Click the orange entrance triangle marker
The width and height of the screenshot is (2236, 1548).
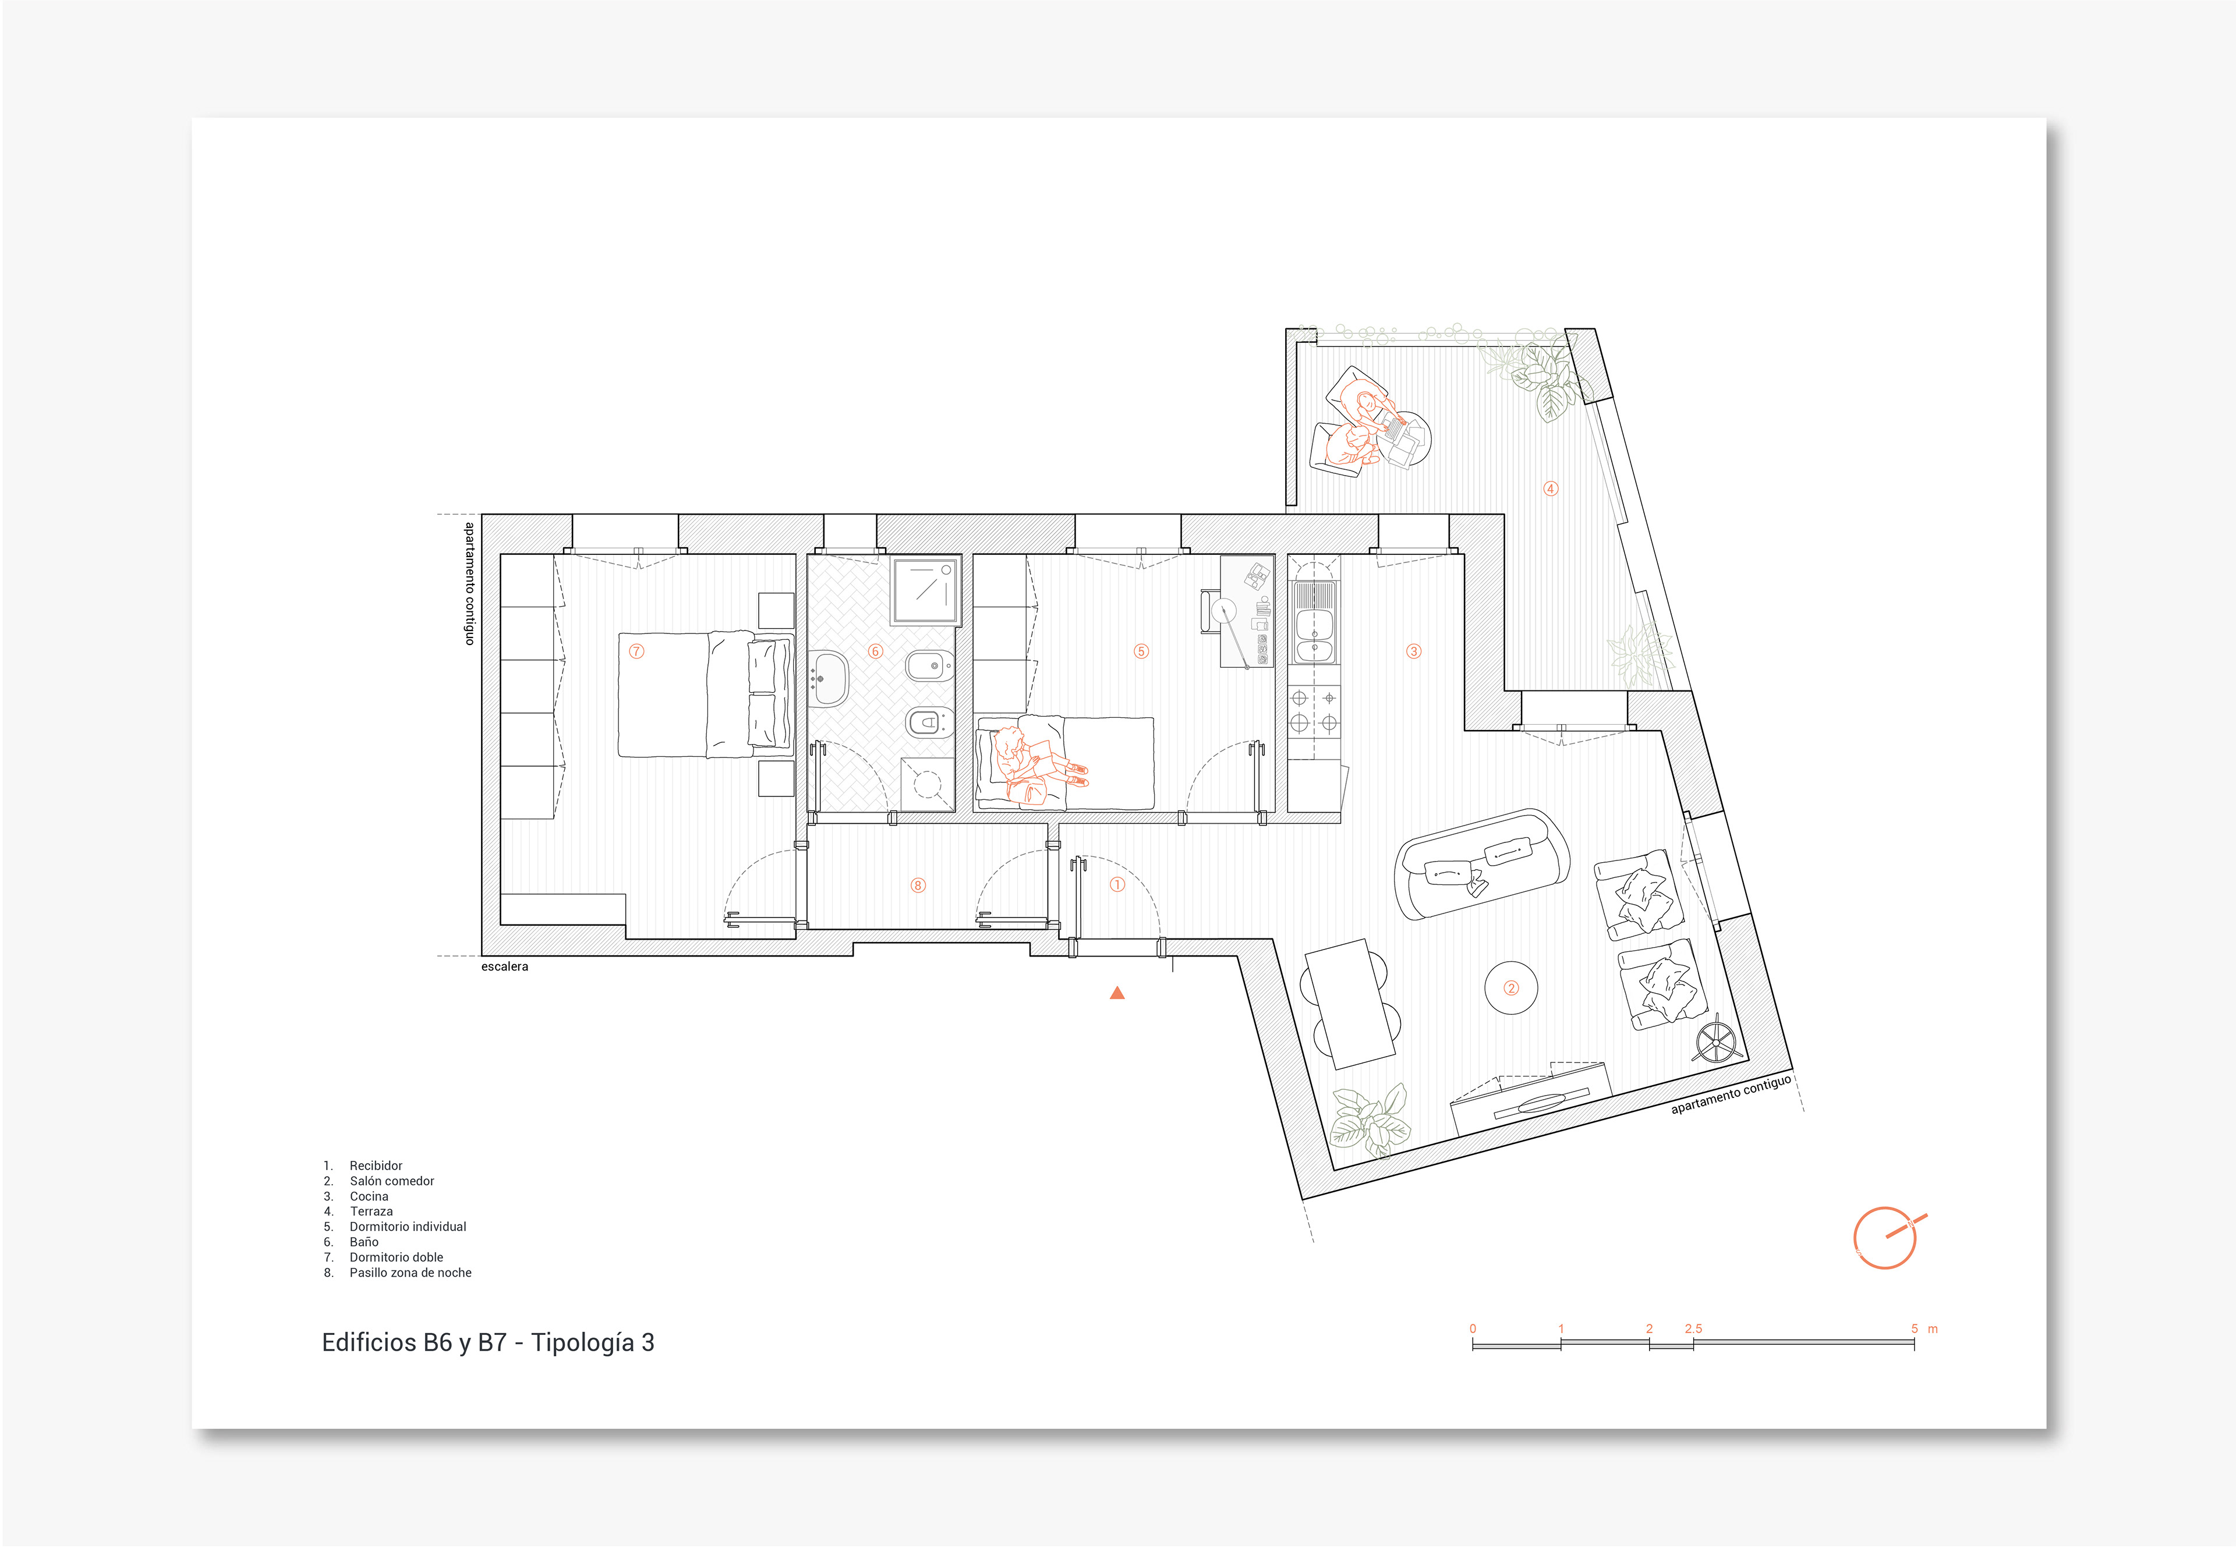point(1117,992)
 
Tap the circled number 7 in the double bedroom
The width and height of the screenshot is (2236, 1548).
point(636,651)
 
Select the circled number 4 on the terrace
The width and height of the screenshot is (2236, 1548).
point(1550,489)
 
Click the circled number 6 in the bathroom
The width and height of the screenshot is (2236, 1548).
point(875,651)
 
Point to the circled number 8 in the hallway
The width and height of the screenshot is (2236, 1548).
point(918,884)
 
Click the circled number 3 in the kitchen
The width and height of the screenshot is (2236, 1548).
point(1413,651)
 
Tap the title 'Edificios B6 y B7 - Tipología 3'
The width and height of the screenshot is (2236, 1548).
point(488,1342)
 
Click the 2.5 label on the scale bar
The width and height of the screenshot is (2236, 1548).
point(1693,1329)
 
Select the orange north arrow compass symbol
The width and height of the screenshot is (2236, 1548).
point(1886,1238)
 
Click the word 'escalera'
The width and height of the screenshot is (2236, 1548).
point(504,966)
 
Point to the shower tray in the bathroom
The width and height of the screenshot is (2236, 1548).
point(925,589)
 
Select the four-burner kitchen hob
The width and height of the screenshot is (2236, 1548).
point(1314,711)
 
